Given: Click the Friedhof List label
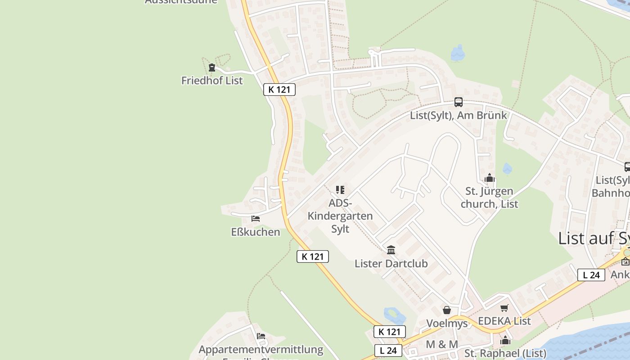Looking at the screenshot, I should pyautogui.click(x=212, y=81).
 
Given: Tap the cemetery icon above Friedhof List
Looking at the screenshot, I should pyautogui.click(x=212, y=68).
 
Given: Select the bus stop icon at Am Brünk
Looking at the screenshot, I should pyautogui.click(x=458, y=102).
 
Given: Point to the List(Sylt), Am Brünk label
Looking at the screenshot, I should pyautogui.click(x=458, y=115).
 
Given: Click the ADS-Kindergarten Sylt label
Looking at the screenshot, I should pyautogui.click(x=340, y=216).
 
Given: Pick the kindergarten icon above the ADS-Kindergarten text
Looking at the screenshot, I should pyautogui.click(x=340, y=190).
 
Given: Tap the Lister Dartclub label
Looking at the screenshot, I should pyautogui.click(x=391, y=263).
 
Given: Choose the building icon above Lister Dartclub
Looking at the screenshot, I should pyautogui.click(x=391, y=250).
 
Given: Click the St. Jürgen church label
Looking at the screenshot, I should pyautogui.click(x=490, y=198).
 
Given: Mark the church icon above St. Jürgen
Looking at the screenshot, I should pyautogui.click(x=490, y=178).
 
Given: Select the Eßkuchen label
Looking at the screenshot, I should pyautogui.click(x=256, y=232).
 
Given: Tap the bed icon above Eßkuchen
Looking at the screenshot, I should pyautogui.click(x=256, y=219).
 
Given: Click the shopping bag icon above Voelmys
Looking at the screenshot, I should pyautogui.click(x=447, y=310).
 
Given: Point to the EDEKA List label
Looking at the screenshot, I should pyautogui.click(x=504, y=321).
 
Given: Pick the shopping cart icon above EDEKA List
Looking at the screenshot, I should pyautogui.click(x=504, y=308).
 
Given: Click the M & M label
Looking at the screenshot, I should pyautogui.click(x=442, y=344).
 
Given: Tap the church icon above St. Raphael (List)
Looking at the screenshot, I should pyautogui.click(x=505, y=340).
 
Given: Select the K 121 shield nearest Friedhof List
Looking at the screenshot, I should pyautogui.click(x=279, y=90).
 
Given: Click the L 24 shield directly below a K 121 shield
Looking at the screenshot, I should pyautogui.click(x=388, y=350).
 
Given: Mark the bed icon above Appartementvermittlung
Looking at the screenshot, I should pyautogui.click(x=261, y=336).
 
